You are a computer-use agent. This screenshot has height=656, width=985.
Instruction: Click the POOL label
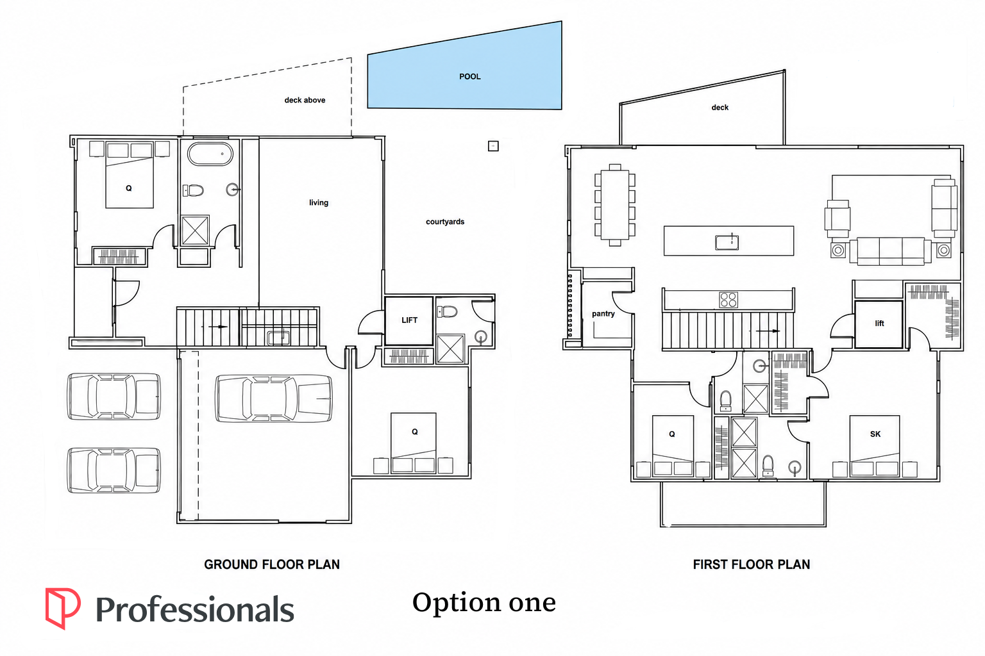(469, 76)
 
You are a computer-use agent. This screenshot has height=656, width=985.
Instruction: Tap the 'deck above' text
(305, 100)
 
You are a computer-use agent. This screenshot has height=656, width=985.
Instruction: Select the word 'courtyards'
(445, 222)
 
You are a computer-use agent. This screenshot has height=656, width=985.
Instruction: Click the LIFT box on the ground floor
(409, 321)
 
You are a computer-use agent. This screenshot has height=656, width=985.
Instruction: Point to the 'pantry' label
(603, 314)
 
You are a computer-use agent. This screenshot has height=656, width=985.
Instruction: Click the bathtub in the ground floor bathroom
(210, 154)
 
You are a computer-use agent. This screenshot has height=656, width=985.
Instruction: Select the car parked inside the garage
(274, 398)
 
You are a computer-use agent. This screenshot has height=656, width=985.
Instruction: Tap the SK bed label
(875, 434)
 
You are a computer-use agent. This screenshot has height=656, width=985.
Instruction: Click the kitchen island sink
(727, 242)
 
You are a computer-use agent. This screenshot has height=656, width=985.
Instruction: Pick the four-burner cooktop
(728, 300)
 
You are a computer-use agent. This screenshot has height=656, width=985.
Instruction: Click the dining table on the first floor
(615, 205)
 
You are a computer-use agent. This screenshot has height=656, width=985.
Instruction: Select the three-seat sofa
(891, 251)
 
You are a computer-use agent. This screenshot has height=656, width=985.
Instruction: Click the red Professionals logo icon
(63, 609)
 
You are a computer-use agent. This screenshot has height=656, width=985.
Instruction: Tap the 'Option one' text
(484, 602)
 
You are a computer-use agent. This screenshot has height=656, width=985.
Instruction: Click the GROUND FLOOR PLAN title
(272, 564)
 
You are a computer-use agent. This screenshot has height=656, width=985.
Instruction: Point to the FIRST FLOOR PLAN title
(752, 564)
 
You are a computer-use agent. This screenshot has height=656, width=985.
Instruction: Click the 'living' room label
(318, 202)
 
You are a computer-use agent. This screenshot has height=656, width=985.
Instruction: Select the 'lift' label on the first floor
(879, 324)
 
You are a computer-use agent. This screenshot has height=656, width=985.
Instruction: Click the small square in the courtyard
(493, 146)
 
